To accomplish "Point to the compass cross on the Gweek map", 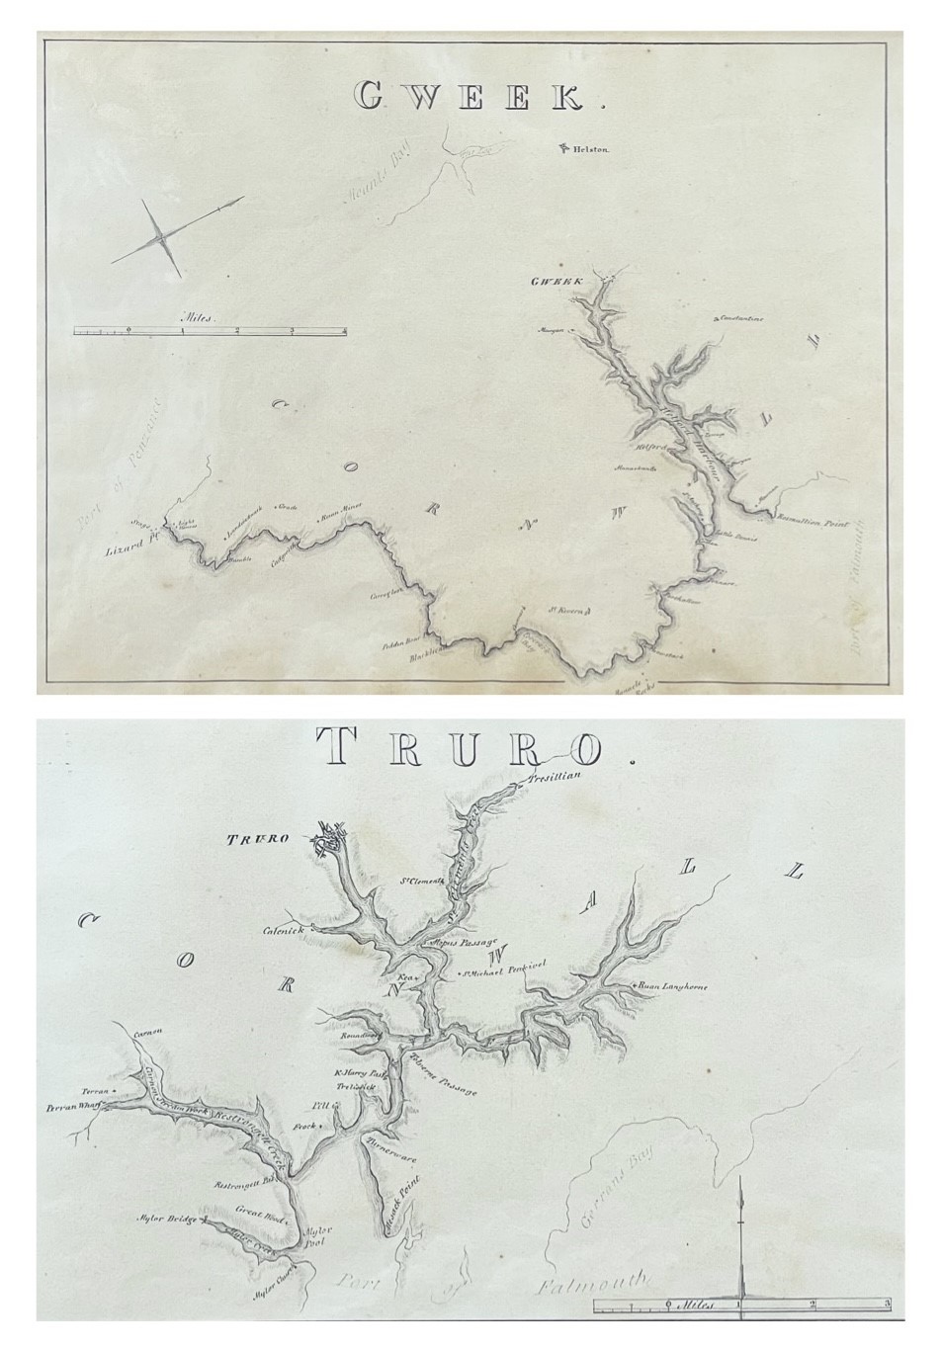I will (164, 238).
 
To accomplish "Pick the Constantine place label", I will (742, 319).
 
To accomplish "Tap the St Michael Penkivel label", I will (503, 973).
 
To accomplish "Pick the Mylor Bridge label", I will (164, 1218).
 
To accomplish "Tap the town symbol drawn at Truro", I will (329, 837).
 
